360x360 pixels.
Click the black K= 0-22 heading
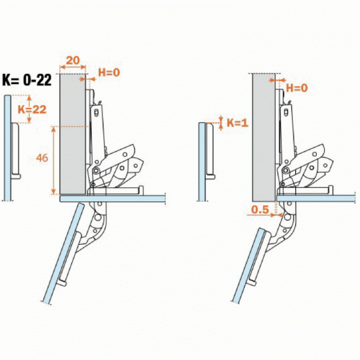(27, 80)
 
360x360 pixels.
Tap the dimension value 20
(73, 60)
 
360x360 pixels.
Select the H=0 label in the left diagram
(109, 73)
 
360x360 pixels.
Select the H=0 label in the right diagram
(297, 88)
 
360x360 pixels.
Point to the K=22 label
(32, 110)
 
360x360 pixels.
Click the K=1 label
(238, 123)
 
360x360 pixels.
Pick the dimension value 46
(42, 158)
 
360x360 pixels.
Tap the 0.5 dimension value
(260, 209)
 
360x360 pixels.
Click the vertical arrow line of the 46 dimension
(54, 160)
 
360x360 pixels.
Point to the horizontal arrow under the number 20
(73, 68)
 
